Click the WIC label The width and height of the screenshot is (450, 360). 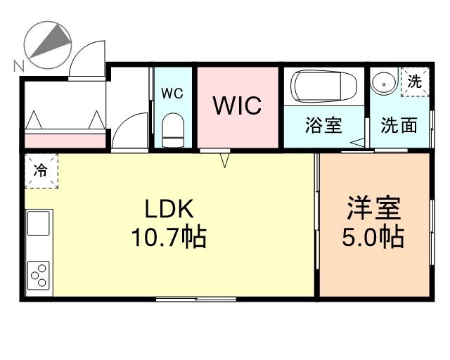pos(237,105)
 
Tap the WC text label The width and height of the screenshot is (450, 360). pos(172,94)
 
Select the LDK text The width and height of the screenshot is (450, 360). pos(169,209)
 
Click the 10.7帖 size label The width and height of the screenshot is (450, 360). pos(169,237)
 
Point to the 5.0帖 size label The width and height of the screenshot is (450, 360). pos(373,237)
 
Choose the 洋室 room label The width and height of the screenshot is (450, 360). pos(373,208)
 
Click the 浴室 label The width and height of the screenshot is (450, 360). pos(323,125)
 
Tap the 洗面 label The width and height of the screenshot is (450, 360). pos(399,125)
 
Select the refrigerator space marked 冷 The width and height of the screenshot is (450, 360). pos(41,171)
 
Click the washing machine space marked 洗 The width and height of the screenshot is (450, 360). pos(415,82)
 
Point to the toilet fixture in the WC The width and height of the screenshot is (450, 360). pos(173,130)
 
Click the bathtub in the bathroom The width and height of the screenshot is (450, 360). pos(323,86)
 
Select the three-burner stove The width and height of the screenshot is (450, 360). pos(39,276)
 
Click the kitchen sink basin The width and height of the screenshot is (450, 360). pos(39,224)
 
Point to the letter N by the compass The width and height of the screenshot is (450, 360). pos(19,66)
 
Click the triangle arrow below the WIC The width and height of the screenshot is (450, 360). pos(225,160)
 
